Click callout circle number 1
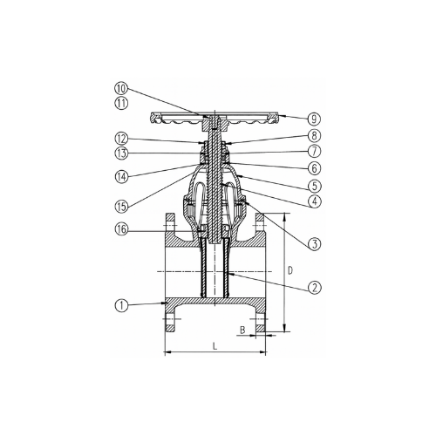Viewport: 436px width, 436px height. [121, 306]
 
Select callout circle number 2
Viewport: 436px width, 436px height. [315, 287]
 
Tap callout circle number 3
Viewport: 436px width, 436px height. [315, 243]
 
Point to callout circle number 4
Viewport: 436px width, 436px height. [315, 201]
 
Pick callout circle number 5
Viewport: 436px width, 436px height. [315, 186]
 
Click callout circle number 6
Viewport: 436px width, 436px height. [315, 168]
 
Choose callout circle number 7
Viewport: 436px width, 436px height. [315, 151]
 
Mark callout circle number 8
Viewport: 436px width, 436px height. [315, 135]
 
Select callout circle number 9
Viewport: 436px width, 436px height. [315, 119]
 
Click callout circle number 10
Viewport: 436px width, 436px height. [121, 88]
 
